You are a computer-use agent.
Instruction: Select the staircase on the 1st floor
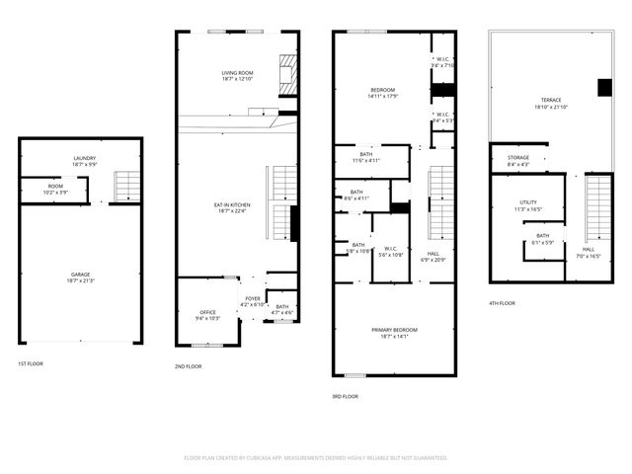coord(126,186)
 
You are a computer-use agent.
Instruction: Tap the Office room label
coord(207,315)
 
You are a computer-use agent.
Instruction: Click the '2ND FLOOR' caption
coord(188,366)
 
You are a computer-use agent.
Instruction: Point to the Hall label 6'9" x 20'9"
coord(434,257)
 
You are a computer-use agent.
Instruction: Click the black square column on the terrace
coord(604,88)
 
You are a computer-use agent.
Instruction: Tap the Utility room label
coord(528,205)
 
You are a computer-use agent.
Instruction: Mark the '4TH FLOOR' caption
coord(503,303)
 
